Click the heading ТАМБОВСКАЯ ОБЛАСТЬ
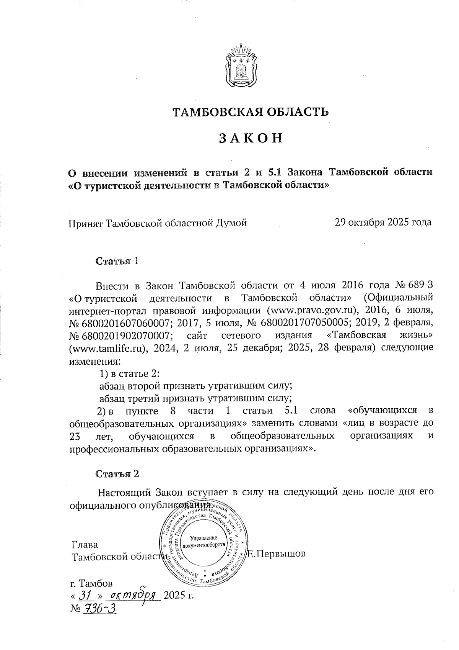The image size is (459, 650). pyautogui.click(x=251, y=112)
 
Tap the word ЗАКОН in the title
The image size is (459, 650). pyautogui.click(x=251, y=138)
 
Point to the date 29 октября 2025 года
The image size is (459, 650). pyautogui.click(x=383, y=222)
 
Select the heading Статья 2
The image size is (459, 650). pyautogui.click(x=117, y=474)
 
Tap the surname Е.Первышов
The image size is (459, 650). pyautogui.click(x=277, y=553)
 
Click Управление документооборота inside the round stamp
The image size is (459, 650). pyautogui.click(x=204, y=542)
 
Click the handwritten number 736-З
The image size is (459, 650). pyautogui.click(x=98, y=608)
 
